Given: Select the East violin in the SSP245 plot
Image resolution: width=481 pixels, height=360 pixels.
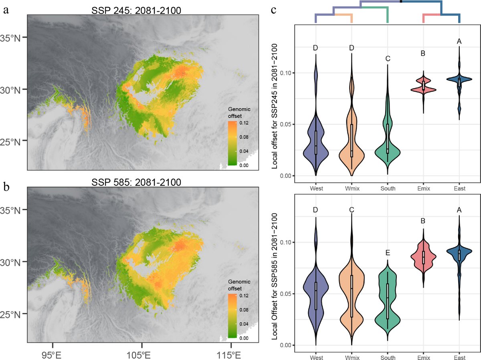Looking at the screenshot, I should (x=459, y=80).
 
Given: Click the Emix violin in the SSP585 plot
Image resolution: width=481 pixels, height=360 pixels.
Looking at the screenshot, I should (x=423, y=256).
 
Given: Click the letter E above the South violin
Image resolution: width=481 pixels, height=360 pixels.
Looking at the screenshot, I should (x=388, y=253).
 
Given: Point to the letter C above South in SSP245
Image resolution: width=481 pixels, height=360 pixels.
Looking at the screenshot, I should (x=388, y=59).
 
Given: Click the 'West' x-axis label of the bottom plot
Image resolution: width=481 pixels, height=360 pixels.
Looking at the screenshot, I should (x=316, y=355).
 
